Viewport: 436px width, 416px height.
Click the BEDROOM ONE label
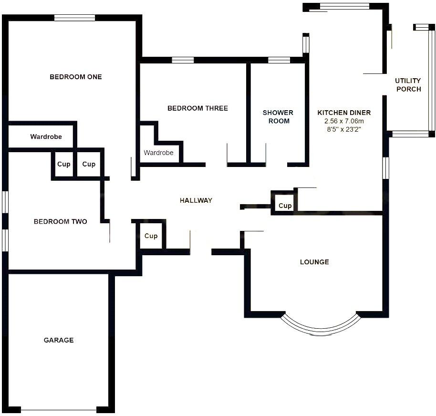coord(75,77)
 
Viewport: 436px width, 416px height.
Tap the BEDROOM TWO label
coord(60,221)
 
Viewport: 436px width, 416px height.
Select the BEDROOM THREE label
coord(197,108)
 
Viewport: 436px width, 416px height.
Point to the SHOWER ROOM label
coord(278,117)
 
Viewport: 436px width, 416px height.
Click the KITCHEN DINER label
coord(344,113)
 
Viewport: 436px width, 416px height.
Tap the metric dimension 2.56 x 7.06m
coord(344,121)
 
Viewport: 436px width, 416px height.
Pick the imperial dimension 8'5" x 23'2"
coord(344,129)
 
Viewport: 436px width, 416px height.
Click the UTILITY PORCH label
coord(408,85)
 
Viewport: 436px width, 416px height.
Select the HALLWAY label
coord(196,200)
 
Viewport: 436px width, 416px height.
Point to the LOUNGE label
coord(314,262)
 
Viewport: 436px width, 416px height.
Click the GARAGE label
coord(59,340)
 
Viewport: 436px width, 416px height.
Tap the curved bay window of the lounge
coord(319,327)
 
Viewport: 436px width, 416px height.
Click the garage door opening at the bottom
coord(59,410)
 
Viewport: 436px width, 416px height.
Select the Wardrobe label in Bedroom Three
coord(158,153)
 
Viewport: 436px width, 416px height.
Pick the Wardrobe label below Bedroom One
coord(46,137)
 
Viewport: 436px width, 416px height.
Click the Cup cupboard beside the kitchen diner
coord(285,206)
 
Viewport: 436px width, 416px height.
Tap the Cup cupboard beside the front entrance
coord(151,236)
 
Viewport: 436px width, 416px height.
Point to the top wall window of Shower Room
coord(279,60)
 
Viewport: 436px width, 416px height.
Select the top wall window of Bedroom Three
coord(183,60)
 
